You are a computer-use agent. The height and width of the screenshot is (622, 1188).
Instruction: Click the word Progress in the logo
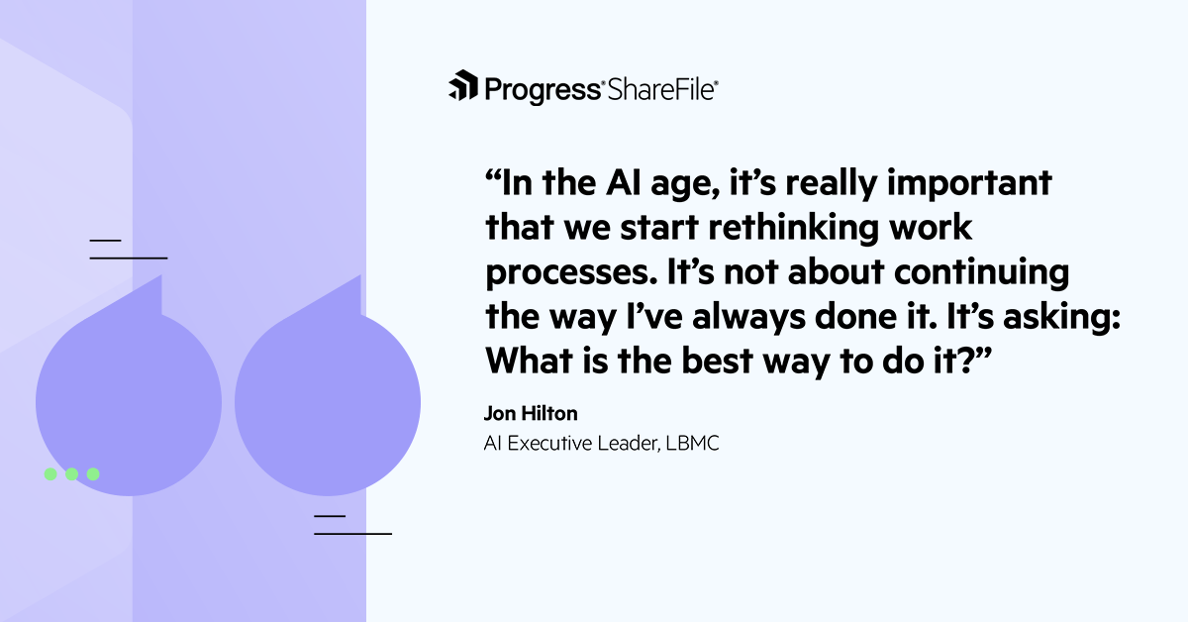pos(543,89)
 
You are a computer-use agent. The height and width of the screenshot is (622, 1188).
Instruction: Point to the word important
pos(966,185)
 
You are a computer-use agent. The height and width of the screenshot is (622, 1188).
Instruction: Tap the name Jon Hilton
pos(531,414)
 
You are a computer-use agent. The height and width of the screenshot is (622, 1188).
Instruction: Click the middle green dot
pos(71,474)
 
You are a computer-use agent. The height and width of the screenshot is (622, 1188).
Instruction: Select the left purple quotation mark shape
pos(129,396)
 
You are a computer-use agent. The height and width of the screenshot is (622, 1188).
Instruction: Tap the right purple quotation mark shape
pos(328,396)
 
